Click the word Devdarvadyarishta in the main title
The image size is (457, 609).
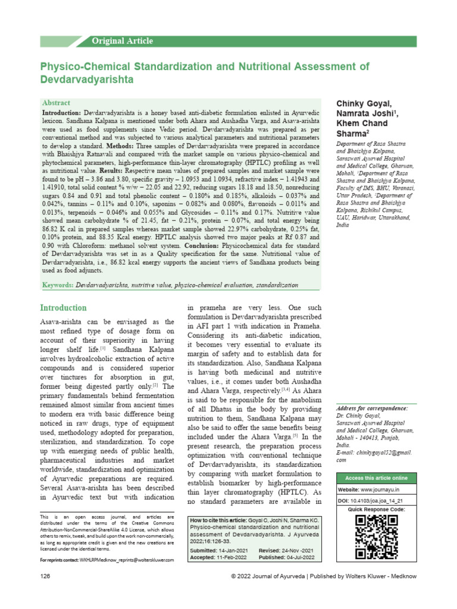(86, 79)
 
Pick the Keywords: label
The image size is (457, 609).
(58, 285)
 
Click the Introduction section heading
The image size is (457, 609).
(63, 308)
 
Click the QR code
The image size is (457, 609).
(376, 537)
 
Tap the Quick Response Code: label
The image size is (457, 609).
(377, 510)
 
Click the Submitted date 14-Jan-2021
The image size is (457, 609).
(234, 551)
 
